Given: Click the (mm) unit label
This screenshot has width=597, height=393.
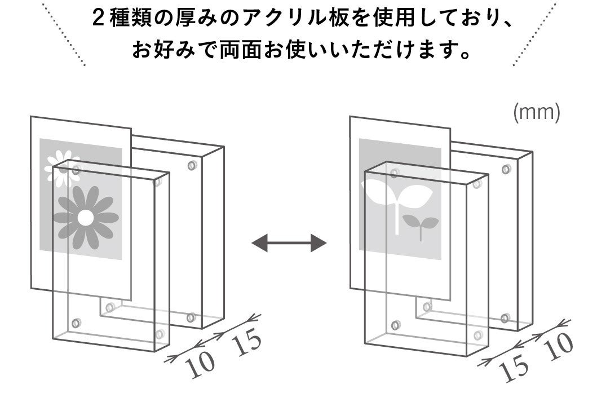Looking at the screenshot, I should click(x=536, y=113).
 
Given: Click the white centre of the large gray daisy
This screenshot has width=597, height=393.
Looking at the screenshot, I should click(x=86, y=217).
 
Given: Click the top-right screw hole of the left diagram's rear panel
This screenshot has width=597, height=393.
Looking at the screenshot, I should click(x=192, y=165).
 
